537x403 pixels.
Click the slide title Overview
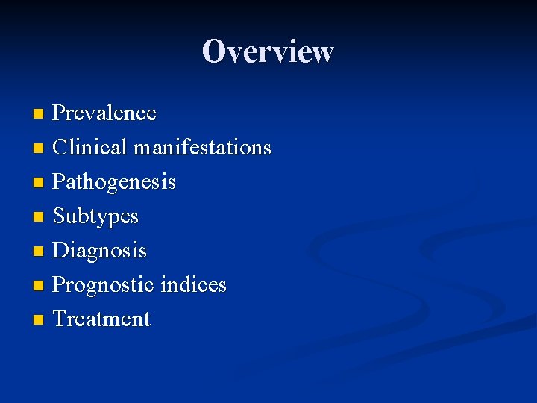(x=268, y=51)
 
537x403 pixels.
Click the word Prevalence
(x=104, y=113)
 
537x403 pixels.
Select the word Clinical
(x=90, y=148)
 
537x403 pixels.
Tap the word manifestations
(x=202, y=148)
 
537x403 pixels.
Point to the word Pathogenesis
(x=114, y=182)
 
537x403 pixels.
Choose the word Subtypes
(x=95, y=216)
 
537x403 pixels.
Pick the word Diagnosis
(x=100, y=251)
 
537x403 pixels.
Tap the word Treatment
(x=101, y=319)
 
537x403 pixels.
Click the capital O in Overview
(x=214, y=51)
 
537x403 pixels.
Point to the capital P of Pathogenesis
(x=59, y=182)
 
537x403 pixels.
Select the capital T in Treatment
(x=60, y=319)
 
